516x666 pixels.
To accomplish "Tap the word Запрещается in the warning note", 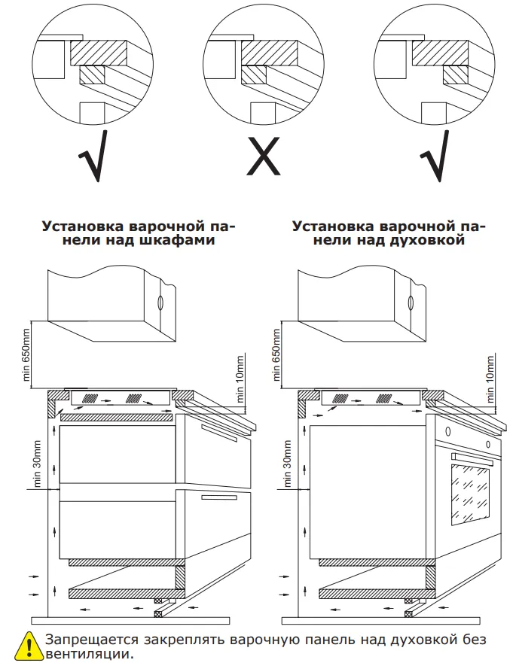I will point(90,640).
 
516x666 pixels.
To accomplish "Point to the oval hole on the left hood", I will point(160,303).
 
